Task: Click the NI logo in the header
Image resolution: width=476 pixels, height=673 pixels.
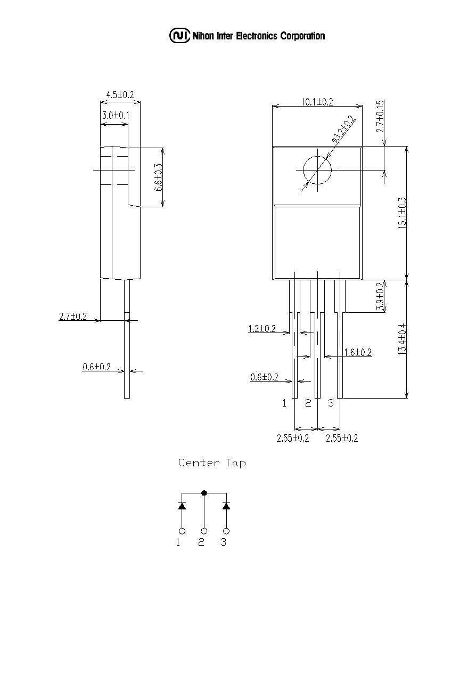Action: tap(180, 36)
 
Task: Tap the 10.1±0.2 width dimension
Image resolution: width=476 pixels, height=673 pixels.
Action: tap(317, 102)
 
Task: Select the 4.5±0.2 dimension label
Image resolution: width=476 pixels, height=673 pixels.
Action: tap(120, 95)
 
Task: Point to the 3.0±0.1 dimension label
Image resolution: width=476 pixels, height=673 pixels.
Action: tap(116, 115)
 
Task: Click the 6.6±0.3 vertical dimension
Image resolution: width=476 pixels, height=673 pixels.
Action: tap(159, 177)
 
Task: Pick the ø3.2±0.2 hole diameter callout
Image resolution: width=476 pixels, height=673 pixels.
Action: tap(344, 129)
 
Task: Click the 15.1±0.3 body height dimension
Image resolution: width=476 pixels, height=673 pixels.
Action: tap(402, 213)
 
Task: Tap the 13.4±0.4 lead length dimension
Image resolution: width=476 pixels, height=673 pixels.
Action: tap(402, 339)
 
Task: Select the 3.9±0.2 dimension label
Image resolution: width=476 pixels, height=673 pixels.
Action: tap(380, 296)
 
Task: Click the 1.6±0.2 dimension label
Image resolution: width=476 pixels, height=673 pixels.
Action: tap(358, 352)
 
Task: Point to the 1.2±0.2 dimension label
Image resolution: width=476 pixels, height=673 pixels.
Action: tap(262, 328)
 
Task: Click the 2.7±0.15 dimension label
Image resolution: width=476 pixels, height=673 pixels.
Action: tap(380, 116)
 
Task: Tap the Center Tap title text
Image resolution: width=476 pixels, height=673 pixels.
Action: tap(212, 463)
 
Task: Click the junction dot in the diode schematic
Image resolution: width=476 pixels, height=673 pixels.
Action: tap(204, 493)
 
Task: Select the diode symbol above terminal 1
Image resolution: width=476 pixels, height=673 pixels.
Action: tap(182, 506)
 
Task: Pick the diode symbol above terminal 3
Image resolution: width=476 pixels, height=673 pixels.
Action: tap(226, 506)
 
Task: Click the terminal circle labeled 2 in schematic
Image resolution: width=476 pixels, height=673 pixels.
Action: tap(204, 531)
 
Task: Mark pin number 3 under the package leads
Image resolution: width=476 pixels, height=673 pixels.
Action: tap(331, 403)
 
